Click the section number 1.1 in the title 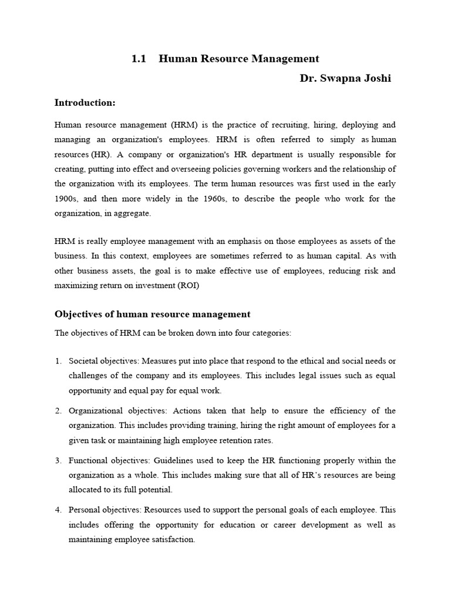(x=139, y=59)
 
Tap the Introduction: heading (x=85, y=103)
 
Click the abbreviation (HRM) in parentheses (x=186, y=125)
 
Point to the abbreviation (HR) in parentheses (x=97, y=155)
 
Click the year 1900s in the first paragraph (x=67, y=199)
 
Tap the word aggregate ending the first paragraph (x=133, y=213)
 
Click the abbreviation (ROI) (x=187, y=286)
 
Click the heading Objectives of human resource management (x=153, y=315)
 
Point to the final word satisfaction (x=173, y=539)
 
